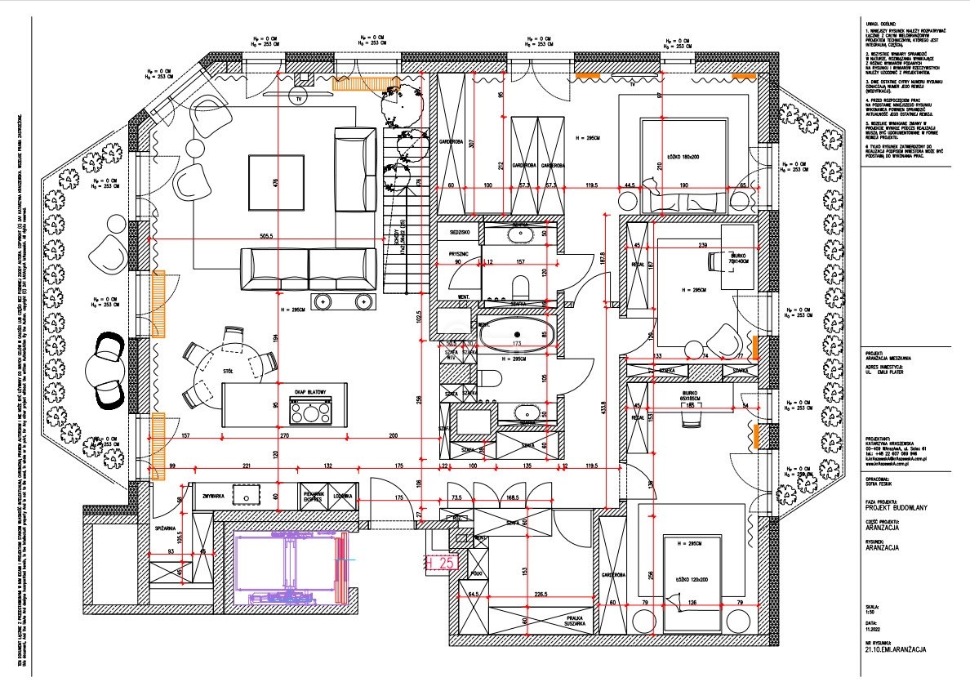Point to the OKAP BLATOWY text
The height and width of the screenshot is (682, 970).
311,393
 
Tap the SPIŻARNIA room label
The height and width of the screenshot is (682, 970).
166,529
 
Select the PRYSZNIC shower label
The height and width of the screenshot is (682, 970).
457,254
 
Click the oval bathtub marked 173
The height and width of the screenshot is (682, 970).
515,335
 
